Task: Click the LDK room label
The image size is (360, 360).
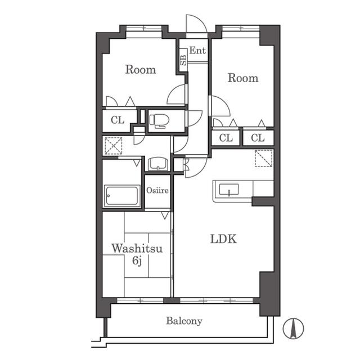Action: click(223, 238)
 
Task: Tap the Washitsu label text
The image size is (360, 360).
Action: click(137, 248)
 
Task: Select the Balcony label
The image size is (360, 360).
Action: click(184, 321)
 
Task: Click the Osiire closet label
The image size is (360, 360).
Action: click(157, 190)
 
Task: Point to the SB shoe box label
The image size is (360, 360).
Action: click(183, 60)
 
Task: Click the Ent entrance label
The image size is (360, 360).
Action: click(197, 50)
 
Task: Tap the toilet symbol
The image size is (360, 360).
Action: click(159, 121)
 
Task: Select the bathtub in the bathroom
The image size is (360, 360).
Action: click(122, 196)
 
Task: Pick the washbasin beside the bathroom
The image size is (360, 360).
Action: click(158, 164)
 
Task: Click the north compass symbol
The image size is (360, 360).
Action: click(293, 328)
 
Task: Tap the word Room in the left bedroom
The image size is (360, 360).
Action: click(141, 69)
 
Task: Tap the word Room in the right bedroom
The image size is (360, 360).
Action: click(243, 78)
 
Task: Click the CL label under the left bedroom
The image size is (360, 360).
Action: click(118, 120)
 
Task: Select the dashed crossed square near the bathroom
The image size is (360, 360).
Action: click(114, 146)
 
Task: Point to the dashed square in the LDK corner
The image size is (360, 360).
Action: click(264, 158)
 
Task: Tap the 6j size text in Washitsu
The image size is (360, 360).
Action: click(137, 261)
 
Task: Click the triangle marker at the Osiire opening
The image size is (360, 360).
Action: click(165, 215)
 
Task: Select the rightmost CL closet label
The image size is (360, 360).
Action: click(258, 138)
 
